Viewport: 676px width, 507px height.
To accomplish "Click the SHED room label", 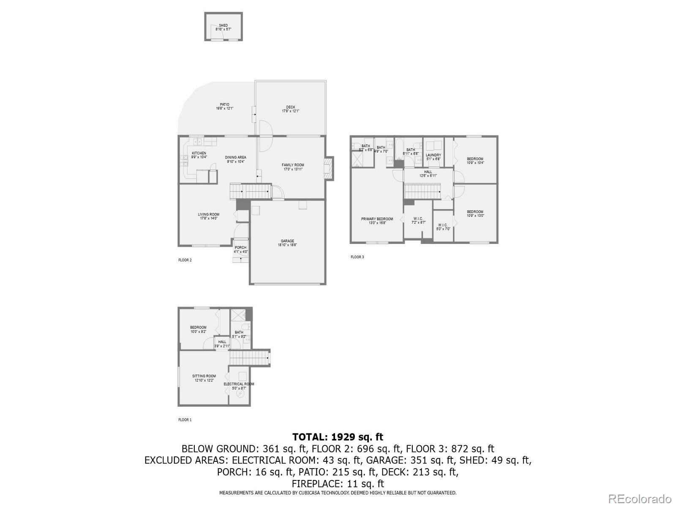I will click(223, 26).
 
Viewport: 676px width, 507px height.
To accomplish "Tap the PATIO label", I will click(224, 105).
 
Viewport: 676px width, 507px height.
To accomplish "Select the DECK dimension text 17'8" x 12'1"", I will click(291, 111).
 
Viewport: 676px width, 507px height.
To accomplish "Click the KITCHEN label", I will click(199, 153).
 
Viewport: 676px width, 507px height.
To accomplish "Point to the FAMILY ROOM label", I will click(293, 165).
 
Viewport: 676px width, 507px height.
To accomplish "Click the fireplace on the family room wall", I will click(328, 169).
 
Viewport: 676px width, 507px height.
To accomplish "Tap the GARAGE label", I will click(287, 241).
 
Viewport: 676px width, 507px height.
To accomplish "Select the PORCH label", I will click(240, 248).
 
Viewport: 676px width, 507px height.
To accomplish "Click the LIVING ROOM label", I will click(209, 215).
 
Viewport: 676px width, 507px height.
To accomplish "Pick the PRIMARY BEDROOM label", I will click(377, 219).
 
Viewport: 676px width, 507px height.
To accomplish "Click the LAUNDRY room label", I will click(433, 155).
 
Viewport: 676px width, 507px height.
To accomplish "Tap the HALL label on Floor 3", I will click(428, 172).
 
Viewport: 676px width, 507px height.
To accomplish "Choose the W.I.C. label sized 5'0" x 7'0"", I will click(443, 225).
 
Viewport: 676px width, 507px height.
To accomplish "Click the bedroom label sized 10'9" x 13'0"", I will click(475, 212).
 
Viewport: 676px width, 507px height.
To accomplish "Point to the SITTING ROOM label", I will click(204, 376).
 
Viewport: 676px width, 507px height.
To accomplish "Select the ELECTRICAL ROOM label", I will click(239, 384).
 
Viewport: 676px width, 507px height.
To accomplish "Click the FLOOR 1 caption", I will click(185, 420).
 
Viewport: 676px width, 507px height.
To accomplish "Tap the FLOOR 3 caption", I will click(357, 257).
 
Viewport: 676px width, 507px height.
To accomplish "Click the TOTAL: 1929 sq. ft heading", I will click(338, 437).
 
